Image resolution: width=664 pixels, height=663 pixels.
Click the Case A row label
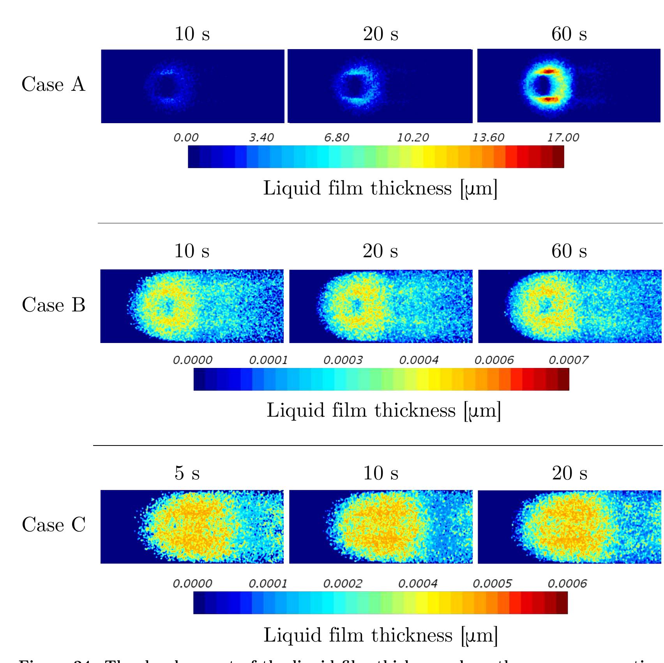[53, 84]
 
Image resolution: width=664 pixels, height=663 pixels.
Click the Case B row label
[53, 305]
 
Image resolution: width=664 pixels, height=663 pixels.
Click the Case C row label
[53, 525]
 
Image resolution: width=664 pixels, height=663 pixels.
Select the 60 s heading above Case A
[569, 34]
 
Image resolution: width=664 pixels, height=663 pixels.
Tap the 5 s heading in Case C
[187, 473]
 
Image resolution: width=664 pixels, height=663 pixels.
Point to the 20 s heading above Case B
[380, 251]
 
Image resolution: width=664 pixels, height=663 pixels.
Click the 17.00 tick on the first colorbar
[563, 138]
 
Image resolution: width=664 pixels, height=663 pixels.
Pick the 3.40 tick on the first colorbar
[261, 138]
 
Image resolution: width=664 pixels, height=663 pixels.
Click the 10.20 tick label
[413, 138]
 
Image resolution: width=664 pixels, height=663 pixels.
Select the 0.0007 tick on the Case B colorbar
[568, 360]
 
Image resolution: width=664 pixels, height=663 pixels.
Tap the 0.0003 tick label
[343, 360]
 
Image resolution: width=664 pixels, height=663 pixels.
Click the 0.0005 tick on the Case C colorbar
[492, 584]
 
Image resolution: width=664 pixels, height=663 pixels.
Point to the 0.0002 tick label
[343, 584]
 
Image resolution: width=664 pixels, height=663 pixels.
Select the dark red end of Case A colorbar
[559, 157]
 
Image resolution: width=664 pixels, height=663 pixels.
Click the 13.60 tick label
[488, 138]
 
